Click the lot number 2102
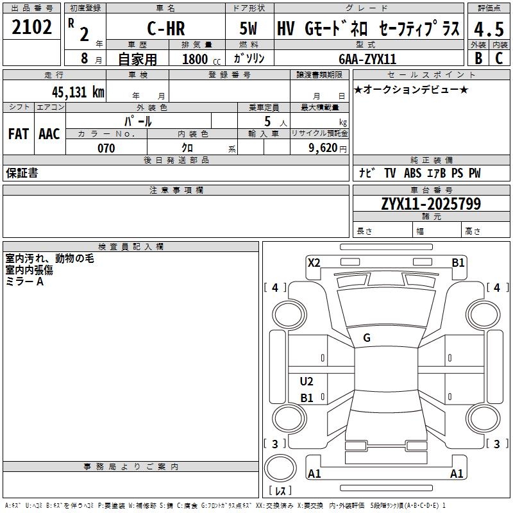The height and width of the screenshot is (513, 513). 32,27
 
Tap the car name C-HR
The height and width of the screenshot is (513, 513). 165,29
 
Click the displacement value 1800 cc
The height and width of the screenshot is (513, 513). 199,58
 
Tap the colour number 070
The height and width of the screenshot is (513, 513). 106,148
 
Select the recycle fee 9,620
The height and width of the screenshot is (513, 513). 323,148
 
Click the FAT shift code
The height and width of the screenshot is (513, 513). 18,134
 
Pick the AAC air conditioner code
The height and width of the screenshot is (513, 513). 49,134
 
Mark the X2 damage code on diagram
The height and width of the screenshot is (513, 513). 314,262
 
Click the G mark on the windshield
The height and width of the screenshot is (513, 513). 367,338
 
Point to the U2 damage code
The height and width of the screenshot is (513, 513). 307,382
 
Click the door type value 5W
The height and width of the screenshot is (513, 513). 249,29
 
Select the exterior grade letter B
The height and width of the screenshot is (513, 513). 478,58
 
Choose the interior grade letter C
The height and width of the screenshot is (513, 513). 499,58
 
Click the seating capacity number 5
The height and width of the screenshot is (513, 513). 267,121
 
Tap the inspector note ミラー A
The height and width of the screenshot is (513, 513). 24,282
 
